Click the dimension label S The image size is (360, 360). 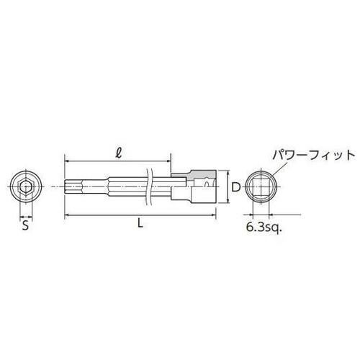click(25, 224)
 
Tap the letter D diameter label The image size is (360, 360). click(235, 189)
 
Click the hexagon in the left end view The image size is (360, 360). click(25, 189)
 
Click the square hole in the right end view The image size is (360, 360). click(261, 189)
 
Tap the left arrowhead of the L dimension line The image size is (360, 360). click(67, 215)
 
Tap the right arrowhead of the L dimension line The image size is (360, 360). click(214, 215)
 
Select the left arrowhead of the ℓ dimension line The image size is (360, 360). click(67, 161)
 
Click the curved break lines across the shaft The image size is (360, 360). click(149, 189)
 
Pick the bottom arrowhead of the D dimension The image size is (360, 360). click(228, 204)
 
